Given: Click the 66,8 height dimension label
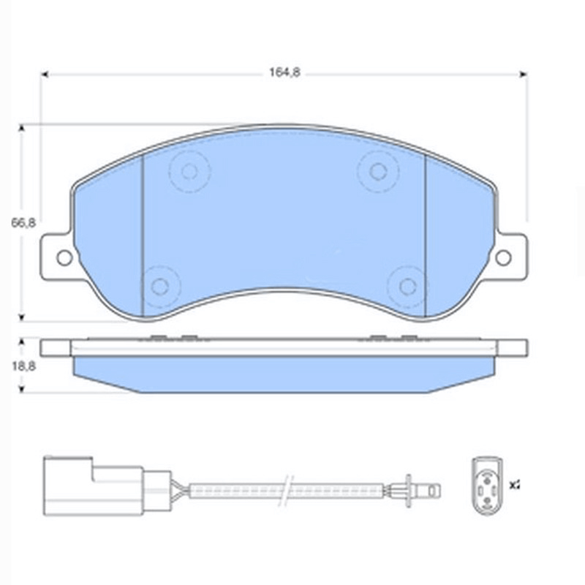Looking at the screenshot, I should tap(23, 223).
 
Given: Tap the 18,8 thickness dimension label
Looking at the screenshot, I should tap(23, 366).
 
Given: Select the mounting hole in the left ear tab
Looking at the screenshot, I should tap(64, 257).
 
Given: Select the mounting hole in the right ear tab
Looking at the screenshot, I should tap(503, 257).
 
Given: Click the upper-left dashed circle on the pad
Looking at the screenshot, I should tap(189, 172).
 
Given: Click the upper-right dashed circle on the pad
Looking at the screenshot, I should tap(378, 172).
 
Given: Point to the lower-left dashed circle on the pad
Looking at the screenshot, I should tap(160, 285).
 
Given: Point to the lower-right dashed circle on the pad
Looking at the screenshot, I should tap(407, 285).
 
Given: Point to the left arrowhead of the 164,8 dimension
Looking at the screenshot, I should tap(44, 73).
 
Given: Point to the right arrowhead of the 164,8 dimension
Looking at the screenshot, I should tap(523, 73).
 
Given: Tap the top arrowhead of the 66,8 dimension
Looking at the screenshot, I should tap(23, 128).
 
